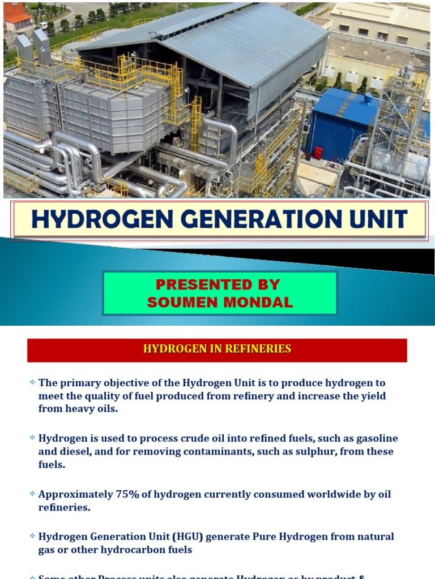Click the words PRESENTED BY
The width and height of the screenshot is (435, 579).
click(218, 284)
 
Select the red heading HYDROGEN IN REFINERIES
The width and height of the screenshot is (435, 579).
click(217, 349)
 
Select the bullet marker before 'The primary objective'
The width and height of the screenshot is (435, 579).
click(33, 383)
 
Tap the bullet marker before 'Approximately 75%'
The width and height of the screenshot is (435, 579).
click(33, 494)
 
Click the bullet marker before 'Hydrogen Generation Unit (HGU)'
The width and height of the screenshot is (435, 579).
click(33, 536)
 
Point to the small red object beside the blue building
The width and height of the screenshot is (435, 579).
click(318, 153)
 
